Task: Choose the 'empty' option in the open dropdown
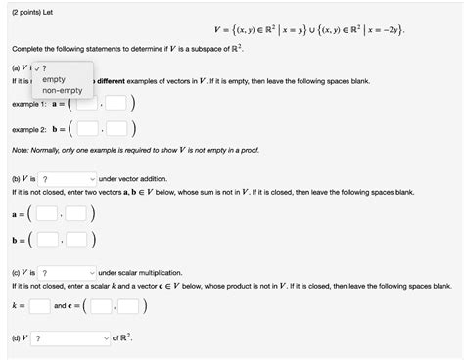[x=54, y=78]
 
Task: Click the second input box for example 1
[x=116, y=103]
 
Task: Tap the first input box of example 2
[x=87, y=128]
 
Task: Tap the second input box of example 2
[x=117, y=128]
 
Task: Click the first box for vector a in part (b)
[x=47, y=213]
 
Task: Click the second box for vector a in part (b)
[x=78, y=213]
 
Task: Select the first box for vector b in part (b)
[x=47, y=238]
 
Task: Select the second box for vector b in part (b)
[x=78, y=238]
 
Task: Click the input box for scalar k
[x=39, y=305]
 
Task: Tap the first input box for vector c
[x=101, y=305]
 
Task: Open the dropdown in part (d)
[x=70, y=338]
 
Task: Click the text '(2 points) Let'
[x=34, y=8]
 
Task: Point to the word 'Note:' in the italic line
[x=23, y=149]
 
